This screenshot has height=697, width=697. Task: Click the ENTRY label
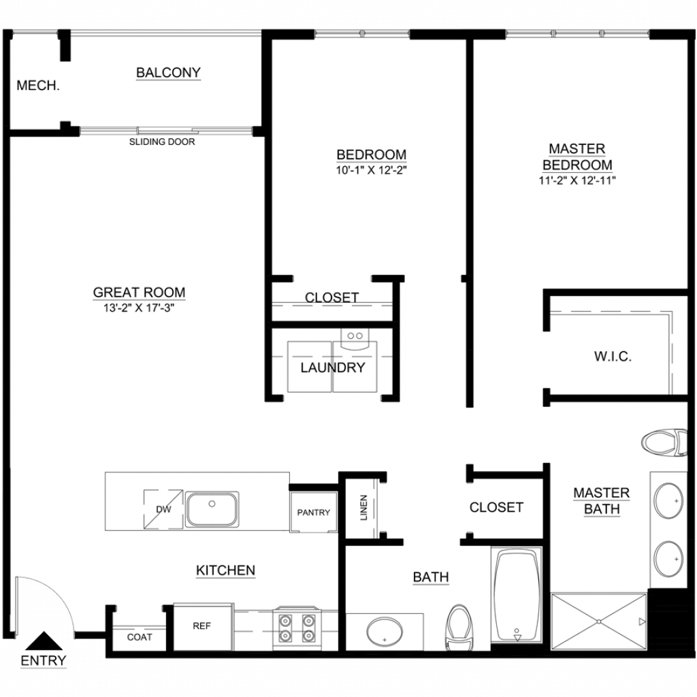[x=44, y=660]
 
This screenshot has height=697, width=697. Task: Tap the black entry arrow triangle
[x=44, y=641]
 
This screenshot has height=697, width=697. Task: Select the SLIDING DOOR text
[x=162, y=142]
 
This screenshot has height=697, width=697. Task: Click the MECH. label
[x=38, y=85]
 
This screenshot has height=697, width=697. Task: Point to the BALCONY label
[x=169, y=72]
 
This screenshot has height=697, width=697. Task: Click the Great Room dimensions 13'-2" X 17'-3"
[x=139, y=308]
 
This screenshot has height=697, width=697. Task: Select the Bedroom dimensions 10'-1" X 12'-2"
[x=372, y=169]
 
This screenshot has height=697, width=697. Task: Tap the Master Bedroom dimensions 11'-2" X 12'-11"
[x=577, y=180]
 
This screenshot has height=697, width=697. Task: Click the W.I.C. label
[x=613, y=357]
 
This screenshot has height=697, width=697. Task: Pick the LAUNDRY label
[x=333, y=368]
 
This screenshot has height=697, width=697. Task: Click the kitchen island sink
[x=212, y=509]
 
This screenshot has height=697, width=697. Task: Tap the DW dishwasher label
[x=163, y=509]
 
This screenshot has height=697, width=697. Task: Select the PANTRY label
[x=313, y=513]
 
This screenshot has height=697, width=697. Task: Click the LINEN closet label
[x=364, y=508]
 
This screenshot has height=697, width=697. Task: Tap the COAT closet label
[x=140, y=637]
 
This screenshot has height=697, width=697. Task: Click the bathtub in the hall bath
[x=517, y=596]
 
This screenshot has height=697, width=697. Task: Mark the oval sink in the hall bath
[x=385, y=631]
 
